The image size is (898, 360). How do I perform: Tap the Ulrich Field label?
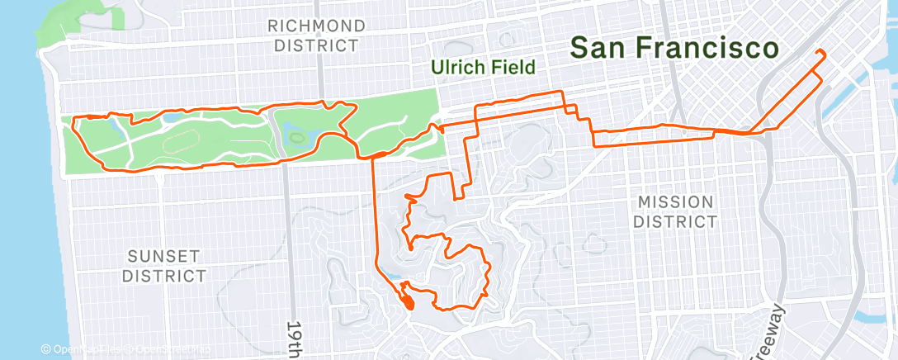point(486,67)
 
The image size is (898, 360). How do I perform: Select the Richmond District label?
point(316,36)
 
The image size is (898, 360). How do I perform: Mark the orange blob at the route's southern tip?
point(409,303)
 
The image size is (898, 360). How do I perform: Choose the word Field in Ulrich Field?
point(513,67)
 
